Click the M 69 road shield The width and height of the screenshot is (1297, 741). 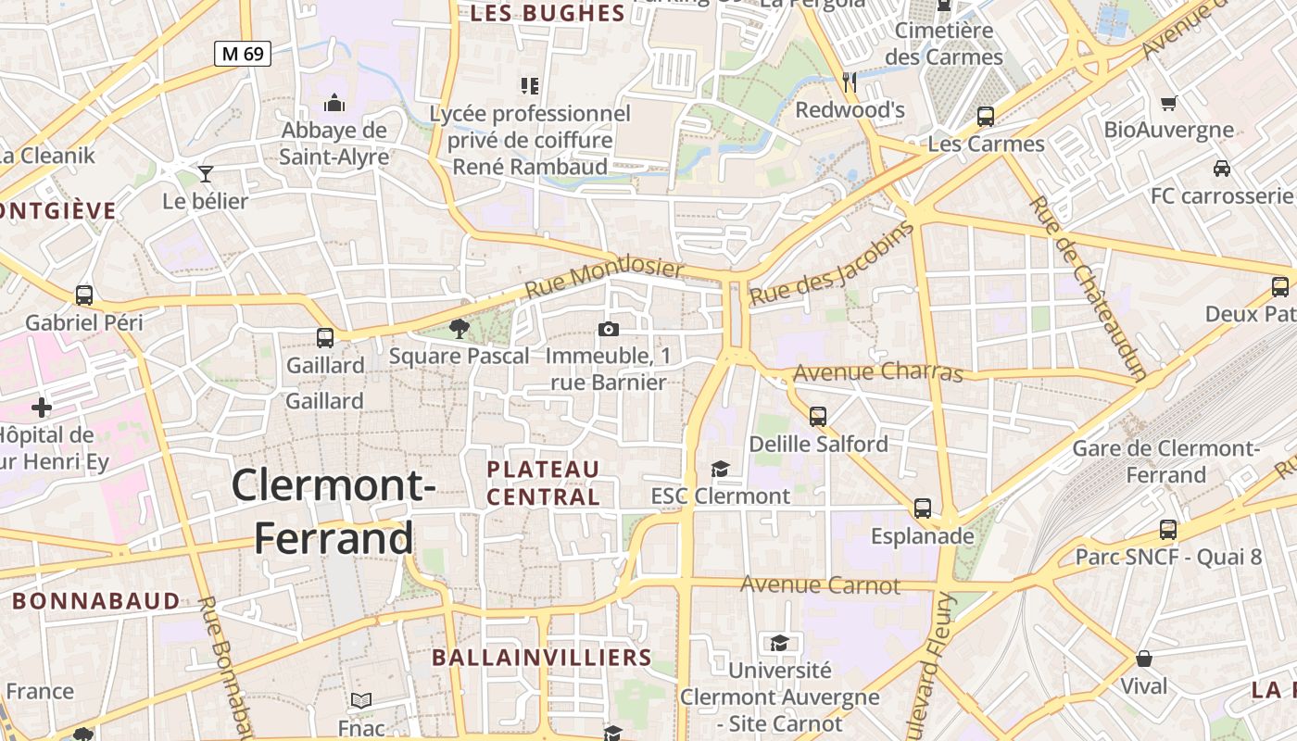pyautogui.click(x=244, y=54)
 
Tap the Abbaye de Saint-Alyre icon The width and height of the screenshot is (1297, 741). pyautogui.click(x=334, y=103)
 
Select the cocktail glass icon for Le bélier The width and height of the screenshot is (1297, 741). pyautogui.click(x=206, y=173)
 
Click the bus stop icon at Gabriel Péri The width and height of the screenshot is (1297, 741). pyautogui.click(x=84, y=295)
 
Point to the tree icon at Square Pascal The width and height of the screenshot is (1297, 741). pyautogui.click(x=459, y=327)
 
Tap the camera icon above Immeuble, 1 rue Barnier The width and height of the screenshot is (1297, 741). pyautogui.click(x=609, y=329)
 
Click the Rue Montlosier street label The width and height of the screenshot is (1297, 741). pyautogui.click(x=604, y=279)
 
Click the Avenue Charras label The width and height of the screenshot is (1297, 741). pyautogui.click(x=878, y=372)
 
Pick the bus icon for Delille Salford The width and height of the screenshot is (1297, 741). pyautogui.click(x=818, y=417)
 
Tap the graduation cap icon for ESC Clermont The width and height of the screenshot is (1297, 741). pyautogui.click(x=720, y=470)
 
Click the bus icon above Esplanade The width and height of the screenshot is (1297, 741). pyautogui.click(x=923, y=509)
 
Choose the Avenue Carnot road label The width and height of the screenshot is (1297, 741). pyautogui.click(x=820, y=585)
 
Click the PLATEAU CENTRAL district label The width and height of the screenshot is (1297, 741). pyautogui.click(x=544, y=483)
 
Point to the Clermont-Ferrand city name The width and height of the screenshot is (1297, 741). pyautogui.click(x=334, y=511)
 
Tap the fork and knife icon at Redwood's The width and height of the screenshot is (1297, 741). pyautogui.click(x=850, y=82)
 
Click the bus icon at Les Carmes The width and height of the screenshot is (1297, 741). pyautogui.click(x=986, y=117)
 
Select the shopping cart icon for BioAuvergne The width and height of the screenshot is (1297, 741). pyautogui.click(x=1169, y=103)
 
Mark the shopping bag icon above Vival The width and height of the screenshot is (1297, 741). pyautogui.click(x=1144, y=659)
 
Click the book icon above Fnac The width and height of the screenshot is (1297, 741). pyautogui.click(x=361, y=701)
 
